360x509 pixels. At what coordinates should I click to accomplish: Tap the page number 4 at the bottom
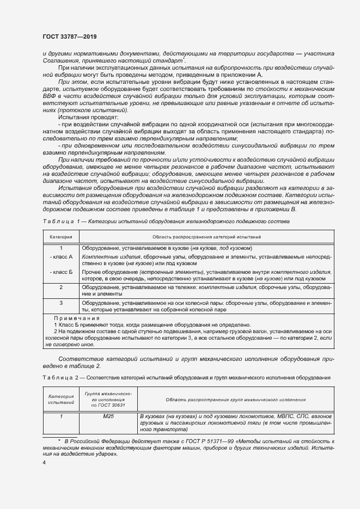[x=45, y=462]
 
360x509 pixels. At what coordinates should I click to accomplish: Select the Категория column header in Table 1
[x=61, y=237]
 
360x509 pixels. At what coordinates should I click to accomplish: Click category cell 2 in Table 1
[x=61, y=287]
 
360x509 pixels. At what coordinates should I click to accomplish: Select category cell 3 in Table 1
[x=61, y=302]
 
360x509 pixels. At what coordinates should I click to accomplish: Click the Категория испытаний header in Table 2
[x=61, y=399]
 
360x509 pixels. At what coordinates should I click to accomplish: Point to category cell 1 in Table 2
[x=61, y=416]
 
